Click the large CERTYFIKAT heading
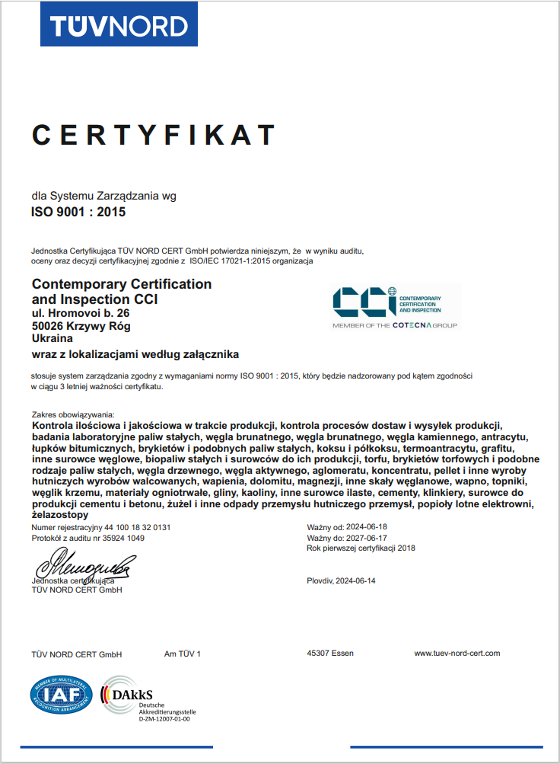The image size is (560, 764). (x=153, y=134)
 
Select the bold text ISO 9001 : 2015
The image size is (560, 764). (x=78, y=213)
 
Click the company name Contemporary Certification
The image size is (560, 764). (x=122, y=284)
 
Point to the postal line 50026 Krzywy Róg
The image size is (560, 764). (x=81, y=326)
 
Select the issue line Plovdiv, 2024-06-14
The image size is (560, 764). (x=341, y=580)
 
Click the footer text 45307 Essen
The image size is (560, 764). (x=329, y=654)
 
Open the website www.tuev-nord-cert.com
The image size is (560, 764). (x=457, y=654)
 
